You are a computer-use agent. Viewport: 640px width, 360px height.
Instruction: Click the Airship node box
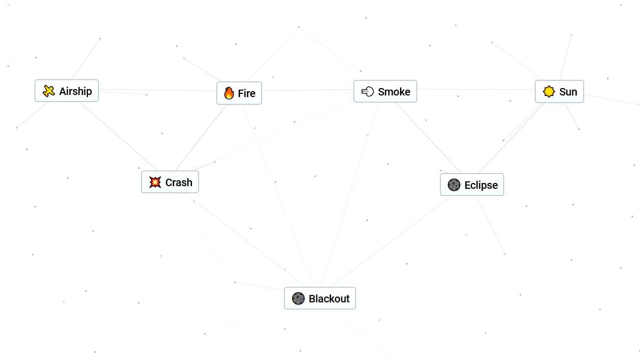(x=67, y=91)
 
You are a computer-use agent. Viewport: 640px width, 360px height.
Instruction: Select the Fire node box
(x=239, y=93)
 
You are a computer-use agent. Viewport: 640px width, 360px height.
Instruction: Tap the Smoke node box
(x=385, y=91)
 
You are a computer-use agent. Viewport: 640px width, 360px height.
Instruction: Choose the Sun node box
(x=559, y=91)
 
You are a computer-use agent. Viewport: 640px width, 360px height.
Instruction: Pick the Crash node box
(x=170, y=182)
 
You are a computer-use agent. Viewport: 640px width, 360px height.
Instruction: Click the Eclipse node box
(x=472, y=185)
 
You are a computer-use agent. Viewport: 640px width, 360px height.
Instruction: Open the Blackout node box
(x=320, y=298)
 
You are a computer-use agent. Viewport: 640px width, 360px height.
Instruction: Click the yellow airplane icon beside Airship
(x=49, y=91)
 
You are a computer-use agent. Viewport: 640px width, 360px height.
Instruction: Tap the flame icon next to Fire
(x=229, y=93)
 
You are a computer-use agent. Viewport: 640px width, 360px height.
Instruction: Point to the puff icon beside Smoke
(x=367, y=91)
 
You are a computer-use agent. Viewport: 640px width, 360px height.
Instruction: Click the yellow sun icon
(x=549, y=92)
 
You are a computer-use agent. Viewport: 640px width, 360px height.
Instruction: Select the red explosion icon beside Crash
(x=155, y=182)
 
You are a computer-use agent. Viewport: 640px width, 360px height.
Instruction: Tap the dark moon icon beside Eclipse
(x=454, y=185)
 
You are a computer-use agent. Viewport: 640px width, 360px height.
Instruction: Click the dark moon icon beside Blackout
(x=298, y=299)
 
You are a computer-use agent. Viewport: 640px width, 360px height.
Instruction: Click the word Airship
(x=75, y=91)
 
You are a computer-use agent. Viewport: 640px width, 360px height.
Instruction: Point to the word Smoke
(x=394, y=92)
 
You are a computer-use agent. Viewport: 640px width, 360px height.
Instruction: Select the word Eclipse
(x=481, y=185)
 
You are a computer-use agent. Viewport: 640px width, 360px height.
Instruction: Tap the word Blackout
(x=329, y=299)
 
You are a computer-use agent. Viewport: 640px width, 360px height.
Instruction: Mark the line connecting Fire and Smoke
(x=308, y=90)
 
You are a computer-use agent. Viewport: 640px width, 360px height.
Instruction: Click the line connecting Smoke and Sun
(x=476, y=89)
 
